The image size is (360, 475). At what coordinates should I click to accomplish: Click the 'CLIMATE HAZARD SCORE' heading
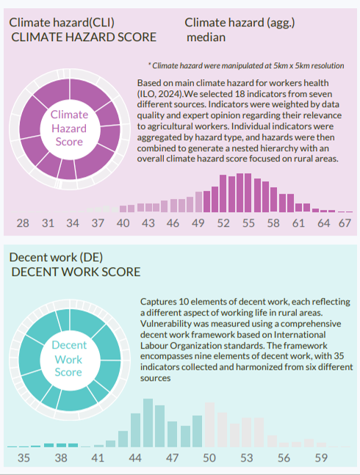coord(84,37)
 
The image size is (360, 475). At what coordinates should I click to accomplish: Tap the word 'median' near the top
coord(206,37)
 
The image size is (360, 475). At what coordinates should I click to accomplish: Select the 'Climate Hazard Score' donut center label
coord(69,128)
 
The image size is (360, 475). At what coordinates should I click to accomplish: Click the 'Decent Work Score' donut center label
coord(69,359)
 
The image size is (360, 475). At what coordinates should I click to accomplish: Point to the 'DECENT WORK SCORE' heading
coord(76,272)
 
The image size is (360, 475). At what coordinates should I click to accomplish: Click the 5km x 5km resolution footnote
coord(246,66)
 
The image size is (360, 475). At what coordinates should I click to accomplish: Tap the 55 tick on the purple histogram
coord(248,223)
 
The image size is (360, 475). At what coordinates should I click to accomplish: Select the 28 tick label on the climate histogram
coord(23,223)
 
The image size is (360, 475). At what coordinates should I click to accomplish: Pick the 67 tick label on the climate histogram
coord(345,223)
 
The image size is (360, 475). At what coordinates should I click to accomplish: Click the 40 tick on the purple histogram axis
coord(123,223)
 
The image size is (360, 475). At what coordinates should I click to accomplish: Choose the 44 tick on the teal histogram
coord(135,457)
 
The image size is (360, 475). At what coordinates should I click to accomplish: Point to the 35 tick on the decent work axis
coord(24,457)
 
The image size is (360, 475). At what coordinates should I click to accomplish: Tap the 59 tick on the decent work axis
coord(321,457)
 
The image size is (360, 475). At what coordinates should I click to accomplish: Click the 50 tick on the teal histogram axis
coord(209,457)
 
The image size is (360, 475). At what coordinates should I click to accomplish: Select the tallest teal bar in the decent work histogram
coord(148,423)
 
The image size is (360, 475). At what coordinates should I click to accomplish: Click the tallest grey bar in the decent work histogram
coord(209,425)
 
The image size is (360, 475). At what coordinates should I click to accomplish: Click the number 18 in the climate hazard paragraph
coord(240,94)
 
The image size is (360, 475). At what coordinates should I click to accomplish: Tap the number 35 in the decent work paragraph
coord(339,355)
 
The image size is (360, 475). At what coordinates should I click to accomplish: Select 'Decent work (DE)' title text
coord(56,257)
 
